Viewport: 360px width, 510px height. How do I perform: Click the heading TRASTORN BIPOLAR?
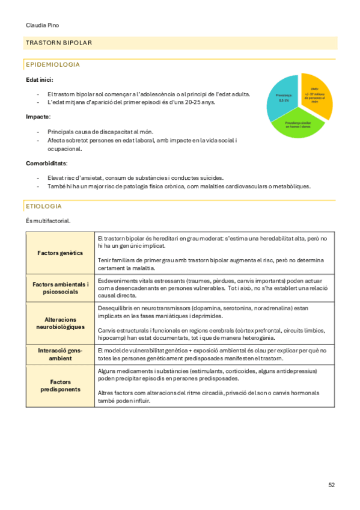pos(58,43)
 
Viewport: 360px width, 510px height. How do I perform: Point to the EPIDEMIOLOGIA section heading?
pos(53,64)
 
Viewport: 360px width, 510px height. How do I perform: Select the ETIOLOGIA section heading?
pos(44,206)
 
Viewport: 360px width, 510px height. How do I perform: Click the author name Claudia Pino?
pos(43,25)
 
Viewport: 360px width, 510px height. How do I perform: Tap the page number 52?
pos(332,484)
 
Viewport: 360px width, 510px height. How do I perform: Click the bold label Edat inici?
pos(39,79)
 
